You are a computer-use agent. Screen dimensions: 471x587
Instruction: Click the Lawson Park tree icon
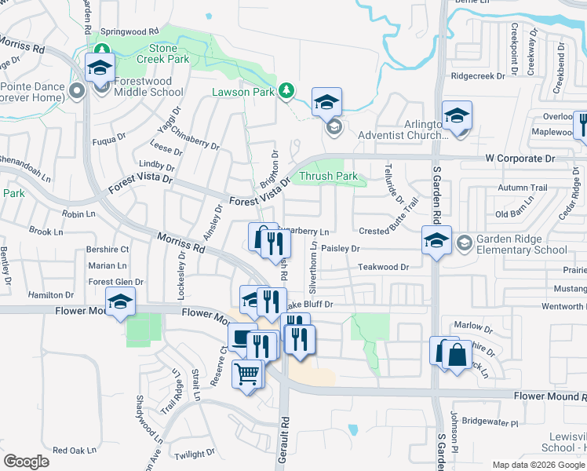coord(286,91)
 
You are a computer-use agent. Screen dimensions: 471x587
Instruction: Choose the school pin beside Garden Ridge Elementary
coord(436,240)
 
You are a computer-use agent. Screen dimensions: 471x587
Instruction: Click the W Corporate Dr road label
coord(520,159)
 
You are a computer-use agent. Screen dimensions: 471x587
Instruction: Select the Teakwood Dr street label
coord(384,268)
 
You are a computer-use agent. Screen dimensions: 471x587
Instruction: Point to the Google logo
coord(26,462)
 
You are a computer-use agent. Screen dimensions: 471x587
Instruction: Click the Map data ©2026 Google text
coord(538,465)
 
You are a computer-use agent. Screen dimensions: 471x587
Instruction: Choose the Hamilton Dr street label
coord(49,294)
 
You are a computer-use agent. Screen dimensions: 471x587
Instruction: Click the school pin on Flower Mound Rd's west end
coord(120,301)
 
